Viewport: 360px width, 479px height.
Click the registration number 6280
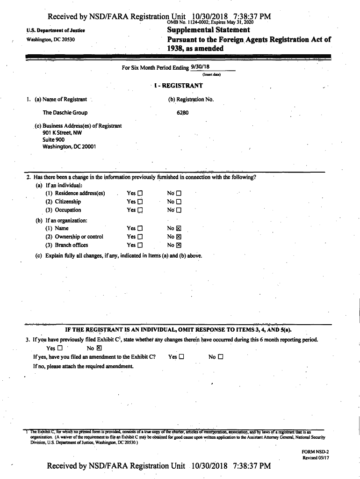182,113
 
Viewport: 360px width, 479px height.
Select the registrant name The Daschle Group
65,113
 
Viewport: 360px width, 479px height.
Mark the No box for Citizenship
178,202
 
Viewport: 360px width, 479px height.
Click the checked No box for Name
178,229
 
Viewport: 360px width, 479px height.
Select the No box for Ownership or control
178,237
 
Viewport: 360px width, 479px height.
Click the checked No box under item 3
99,348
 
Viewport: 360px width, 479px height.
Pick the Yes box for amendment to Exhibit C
181,357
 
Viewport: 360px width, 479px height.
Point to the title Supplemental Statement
209,30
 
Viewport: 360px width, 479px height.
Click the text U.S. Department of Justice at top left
56,31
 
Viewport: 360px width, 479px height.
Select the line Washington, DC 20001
69,146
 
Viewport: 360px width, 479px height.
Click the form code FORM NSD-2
316,451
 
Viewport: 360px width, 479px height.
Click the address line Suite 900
53,139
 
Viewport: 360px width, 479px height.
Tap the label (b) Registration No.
191,99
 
